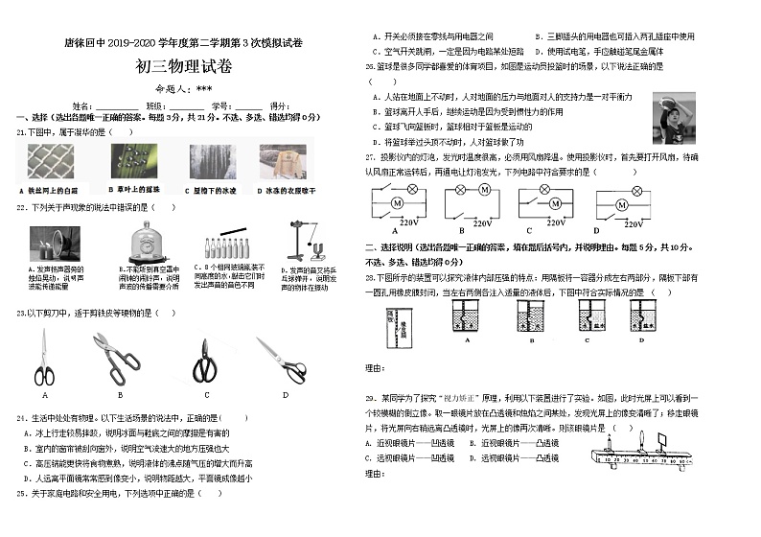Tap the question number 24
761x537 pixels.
[x=20, y=418]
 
